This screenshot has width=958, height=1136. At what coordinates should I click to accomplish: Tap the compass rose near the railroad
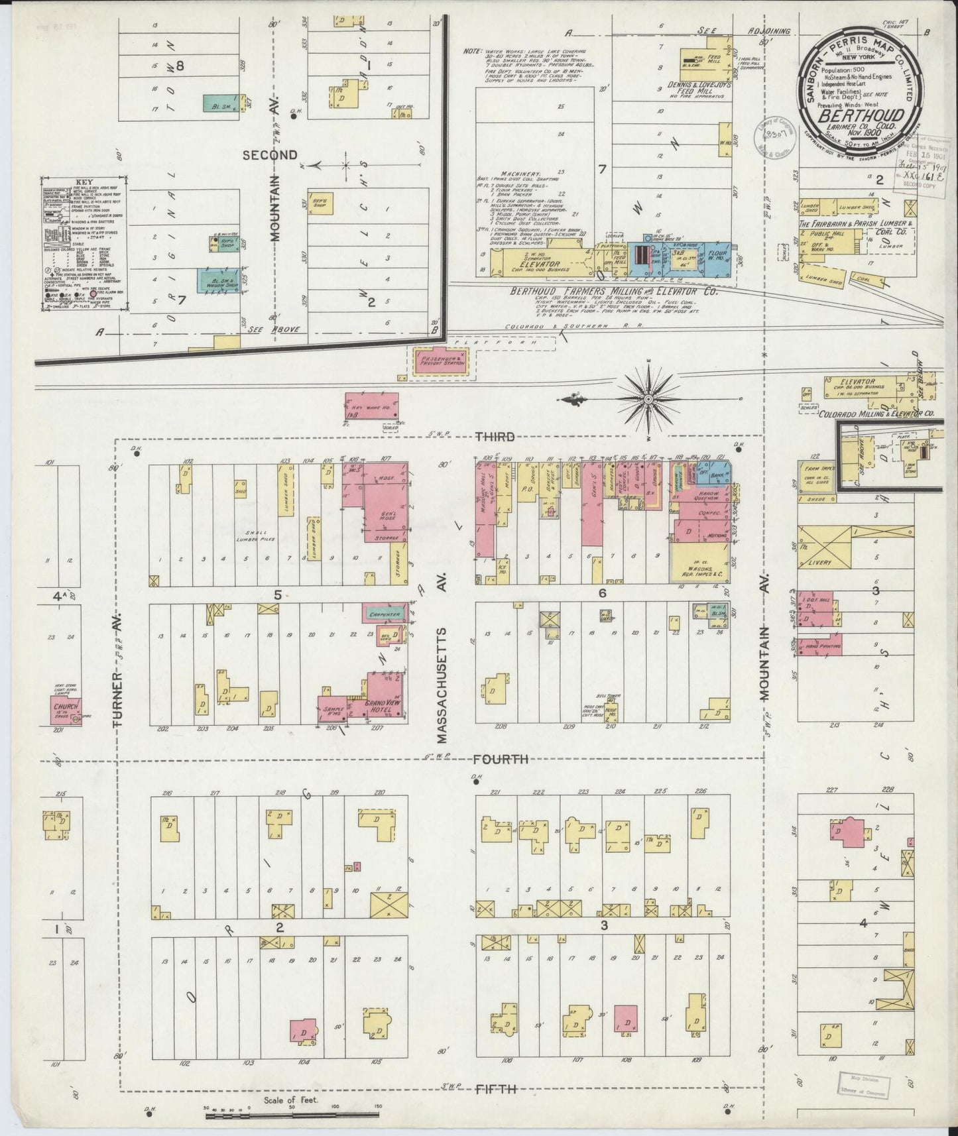point(648,399)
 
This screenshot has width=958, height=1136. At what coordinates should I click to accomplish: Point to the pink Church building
point(65,710)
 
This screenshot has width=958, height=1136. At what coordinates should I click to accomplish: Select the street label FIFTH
point(496,1089)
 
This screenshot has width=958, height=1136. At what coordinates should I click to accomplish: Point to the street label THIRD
point(494,436)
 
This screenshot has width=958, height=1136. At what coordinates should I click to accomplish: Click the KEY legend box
point(83,245)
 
